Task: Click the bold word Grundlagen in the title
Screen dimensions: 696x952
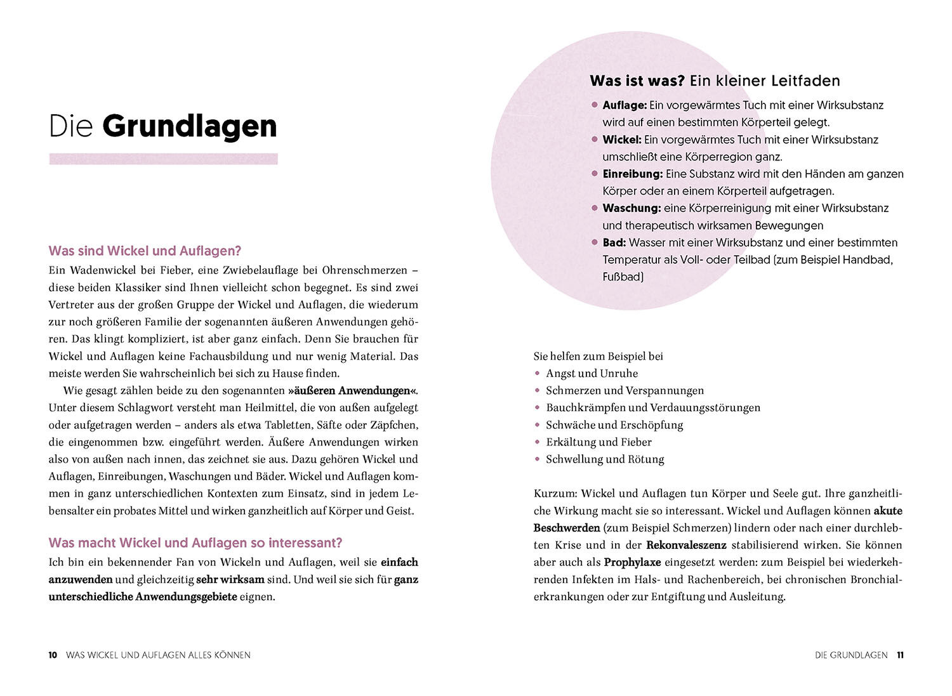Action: pos(189,126)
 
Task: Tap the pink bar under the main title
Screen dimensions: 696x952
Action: pos(163,159)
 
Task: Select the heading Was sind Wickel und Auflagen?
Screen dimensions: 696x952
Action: pos(145,251)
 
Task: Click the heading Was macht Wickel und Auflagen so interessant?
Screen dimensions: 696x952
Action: pos(195,543)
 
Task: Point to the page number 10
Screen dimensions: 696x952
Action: pos(53,655)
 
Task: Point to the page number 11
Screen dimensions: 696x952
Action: pos(900,655)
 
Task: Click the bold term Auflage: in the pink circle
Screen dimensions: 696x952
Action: pos(625,105)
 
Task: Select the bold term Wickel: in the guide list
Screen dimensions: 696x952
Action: pos(622,140)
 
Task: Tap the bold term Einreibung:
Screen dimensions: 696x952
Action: pos(633,174)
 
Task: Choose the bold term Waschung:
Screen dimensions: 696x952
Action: pos(631,208)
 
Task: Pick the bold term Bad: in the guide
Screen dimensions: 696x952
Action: pos(614,242)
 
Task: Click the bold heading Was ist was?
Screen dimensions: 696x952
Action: pos(637,81)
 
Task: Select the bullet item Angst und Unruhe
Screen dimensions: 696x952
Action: pos(592,374)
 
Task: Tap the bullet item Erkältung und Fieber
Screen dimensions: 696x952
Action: pos(598,442)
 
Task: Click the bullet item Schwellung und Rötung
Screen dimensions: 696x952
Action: pos(605,459)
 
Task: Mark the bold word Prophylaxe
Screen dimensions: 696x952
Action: pos(632,562)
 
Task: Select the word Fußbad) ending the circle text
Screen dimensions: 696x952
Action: pos(623,277)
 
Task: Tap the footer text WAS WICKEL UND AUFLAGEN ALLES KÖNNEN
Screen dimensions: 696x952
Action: pos(158,655)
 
